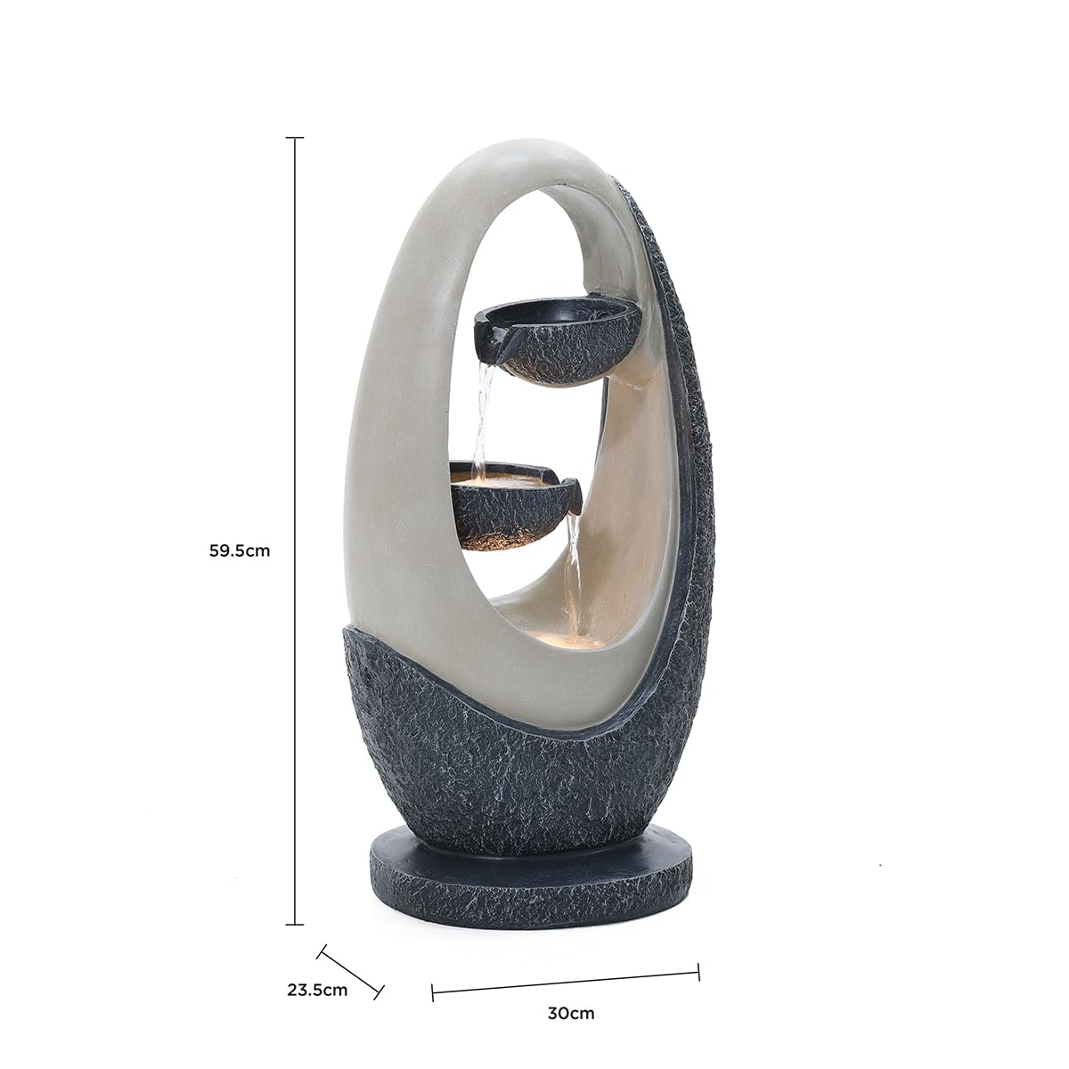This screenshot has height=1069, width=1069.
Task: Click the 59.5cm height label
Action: click(x=240, y=551)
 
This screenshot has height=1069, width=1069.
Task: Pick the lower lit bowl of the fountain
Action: click(x=512, y=503)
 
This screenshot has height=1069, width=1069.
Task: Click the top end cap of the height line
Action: click(x=295, y=138)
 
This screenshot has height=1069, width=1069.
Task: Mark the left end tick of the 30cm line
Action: click(x=433, y=992)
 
